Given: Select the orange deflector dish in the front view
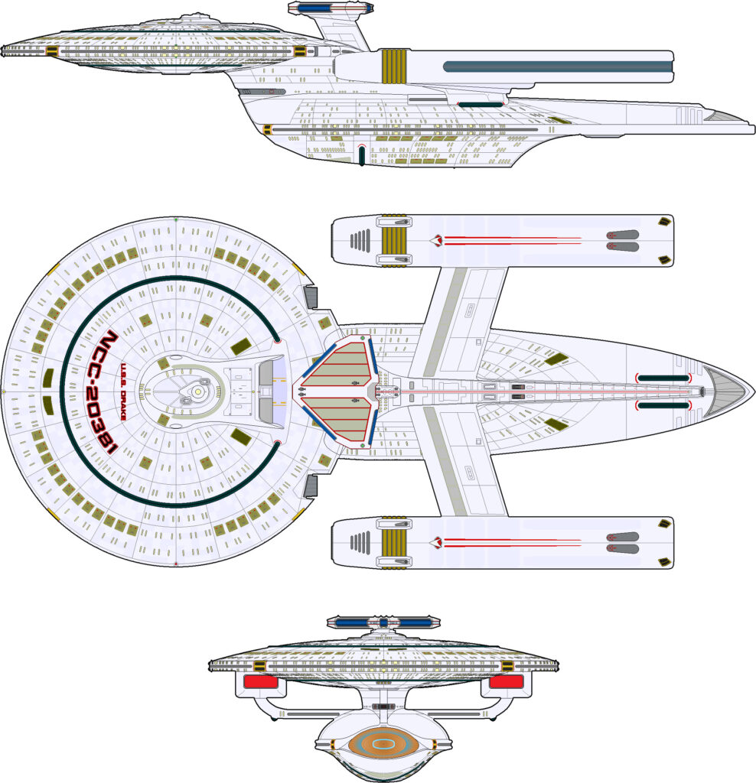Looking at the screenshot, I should coord(382,742).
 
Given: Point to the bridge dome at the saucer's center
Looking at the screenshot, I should coord(197,391).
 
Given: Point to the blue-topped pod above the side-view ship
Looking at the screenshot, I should coord(326,9).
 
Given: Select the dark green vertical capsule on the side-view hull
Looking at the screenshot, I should coord(361,156).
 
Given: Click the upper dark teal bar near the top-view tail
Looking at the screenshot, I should coord(663,378).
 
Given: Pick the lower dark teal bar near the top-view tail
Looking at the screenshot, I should coord(663,406).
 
